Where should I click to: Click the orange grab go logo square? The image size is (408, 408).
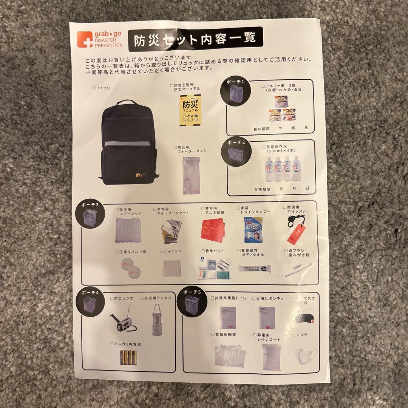click(x=84, y=39)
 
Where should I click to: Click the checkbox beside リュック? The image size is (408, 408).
click(x=94, y=88)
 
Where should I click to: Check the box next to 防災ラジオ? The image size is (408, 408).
click(x=112, y=298)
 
